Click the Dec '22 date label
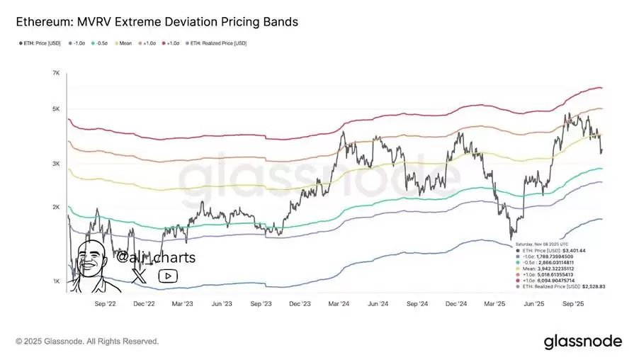pos(144,302)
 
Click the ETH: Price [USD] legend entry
pos(40,43)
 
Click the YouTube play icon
pos(168,276)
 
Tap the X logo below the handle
pos(140,276)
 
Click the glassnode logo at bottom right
pos(582,342)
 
